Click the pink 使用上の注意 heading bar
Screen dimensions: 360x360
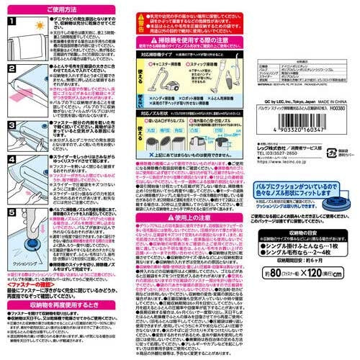184,207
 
